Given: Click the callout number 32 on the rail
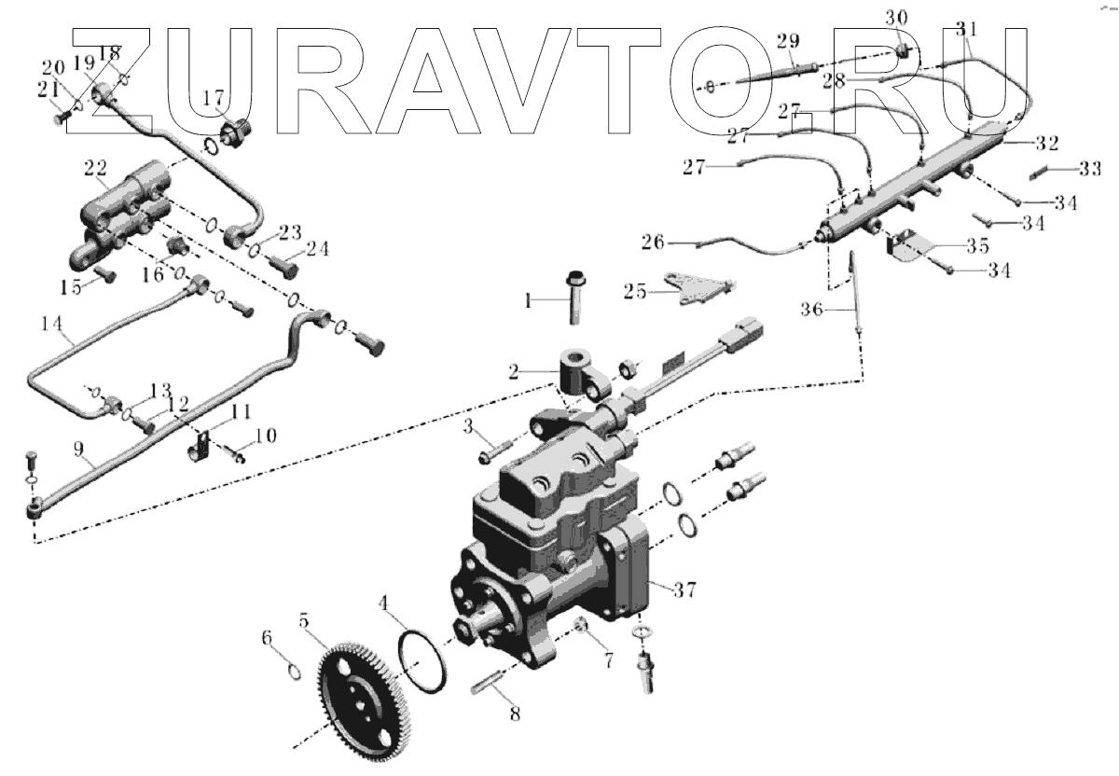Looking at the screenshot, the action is [1046, 144].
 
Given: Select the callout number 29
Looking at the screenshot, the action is [787, 41].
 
